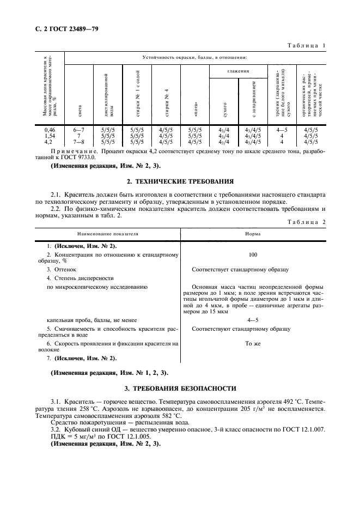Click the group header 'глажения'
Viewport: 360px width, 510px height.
pos(239,71)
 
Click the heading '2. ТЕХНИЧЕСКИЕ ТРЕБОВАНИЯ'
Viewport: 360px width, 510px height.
pos(180,181)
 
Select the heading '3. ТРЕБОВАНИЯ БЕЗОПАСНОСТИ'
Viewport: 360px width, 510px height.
pos(180,388)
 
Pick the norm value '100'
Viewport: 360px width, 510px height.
pos(252,254)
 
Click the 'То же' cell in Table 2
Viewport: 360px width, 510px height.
pos(252,344)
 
